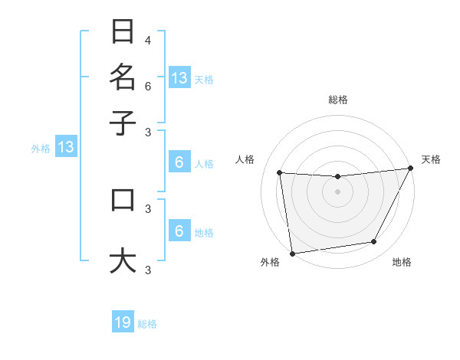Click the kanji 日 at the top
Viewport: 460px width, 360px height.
tap(123, 32)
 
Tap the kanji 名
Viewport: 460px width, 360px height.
tap(123, 77)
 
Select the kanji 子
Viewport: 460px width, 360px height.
tap(123, 122)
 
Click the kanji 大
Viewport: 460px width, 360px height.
tap(123, 260)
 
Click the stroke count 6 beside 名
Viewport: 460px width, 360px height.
tap(148, 86)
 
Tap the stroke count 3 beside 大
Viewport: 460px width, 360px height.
tap(148, 269)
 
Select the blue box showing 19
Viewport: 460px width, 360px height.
tap(123, 322)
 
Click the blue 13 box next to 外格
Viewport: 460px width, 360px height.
tap(66, 148)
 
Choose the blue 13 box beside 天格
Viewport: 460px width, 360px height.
tap(179, 77)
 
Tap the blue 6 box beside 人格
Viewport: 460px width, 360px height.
tap(179, 162)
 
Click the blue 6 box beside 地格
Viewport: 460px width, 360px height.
tap(179, 231)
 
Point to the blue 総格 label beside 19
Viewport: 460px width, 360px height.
tap(147, 324)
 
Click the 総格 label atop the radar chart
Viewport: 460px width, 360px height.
tap(337, 100)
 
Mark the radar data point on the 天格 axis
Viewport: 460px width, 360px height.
tap(410, 169)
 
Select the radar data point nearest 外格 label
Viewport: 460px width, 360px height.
tap(292, 253)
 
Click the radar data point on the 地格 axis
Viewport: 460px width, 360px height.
tap(374, 242)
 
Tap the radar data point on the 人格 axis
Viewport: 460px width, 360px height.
tap(280, 173)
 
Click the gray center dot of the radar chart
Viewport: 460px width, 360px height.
tap(337, 191)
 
